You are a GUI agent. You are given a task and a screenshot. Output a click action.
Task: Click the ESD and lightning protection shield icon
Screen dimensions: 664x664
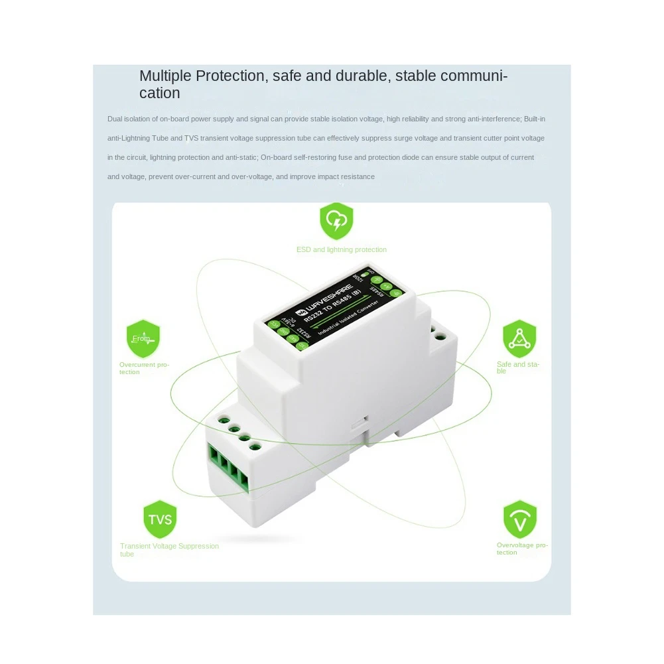[x=336, y=222]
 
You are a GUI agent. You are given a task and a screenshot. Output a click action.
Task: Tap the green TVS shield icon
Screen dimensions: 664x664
[x=160, y=519]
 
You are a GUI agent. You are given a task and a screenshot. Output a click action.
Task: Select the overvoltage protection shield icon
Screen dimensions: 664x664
[x=519, y=519]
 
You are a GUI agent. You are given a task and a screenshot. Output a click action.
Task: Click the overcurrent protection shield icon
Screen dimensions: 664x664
[x=143, y=339]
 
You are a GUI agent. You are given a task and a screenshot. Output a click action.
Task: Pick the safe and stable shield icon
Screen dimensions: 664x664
[x=519, y=339]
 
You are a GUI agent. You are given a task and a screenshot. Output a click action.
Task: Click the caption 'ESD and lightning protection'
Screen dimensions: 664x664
[x=341, y=249]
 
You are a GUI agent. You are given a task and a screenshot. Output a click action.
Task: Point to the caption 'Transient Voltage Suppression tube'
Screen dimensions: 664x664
[x=168, y=550]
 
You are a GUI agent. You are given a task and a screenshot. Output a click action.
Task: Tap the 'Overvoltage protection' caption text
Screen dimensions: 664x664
[x=522, y=549]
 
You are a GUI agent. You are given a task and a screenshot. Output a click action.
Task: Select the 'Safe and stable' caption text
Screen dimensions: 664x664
[x=518, y=367]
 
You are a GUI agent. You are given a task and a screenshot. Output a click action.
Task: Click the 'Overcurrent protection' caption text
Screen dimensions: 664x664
[x=144, y=368]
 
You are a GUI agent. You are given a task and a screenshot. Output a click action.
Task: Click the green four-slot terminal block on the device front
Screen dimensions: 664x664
[x=228, y=468]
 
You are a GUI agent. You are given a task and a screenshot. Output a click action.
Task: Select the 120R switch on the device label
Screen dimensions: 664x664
[x=363, y=274]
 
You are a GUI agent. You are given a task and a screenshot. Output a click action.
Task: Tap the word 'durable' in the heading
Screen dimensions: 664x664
[x=364, y=76]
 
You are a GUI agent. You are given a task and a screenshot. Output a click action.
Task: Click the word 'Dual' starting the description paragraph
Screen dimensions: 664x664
[x=115, y=119]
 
